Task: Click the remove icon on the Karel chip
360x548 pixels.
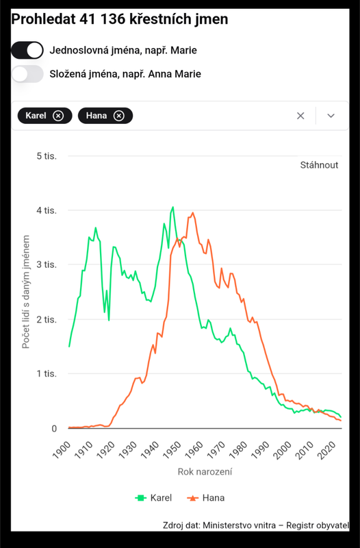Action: [58, 116]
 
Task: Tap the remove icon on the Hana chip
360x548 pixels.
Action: [118, 116]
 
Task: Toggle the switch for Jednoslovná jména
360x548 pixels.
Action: [27, 50]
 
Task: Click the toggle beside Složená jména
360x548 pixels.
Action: [27, 74]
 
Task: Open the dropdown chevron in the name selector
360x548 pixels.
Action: [331, 116]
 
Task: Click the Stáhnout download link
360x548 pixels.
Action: [319, 165]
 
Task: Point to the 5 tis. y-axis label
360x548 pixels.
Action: [47, 156]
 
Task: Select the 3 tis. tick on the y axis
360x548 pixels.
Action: [47, 264]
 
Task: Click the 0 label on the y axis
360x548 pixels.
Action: [54, 429]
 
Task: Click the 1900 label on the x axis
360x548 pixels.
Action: [61, 450]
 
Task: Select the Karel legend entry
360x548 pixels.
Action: [153, 498]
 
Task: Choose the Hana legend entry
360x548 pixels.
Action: [206, 498]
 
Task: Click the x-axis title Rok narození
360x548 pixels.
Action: [205, 472]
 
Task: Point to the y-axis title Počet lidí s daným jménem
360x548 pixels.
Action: [25, 292]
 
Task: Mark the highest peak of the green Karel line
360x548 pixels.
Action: [172, 208]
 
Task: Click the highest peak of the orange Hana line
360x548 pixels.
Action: [193, 213]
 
